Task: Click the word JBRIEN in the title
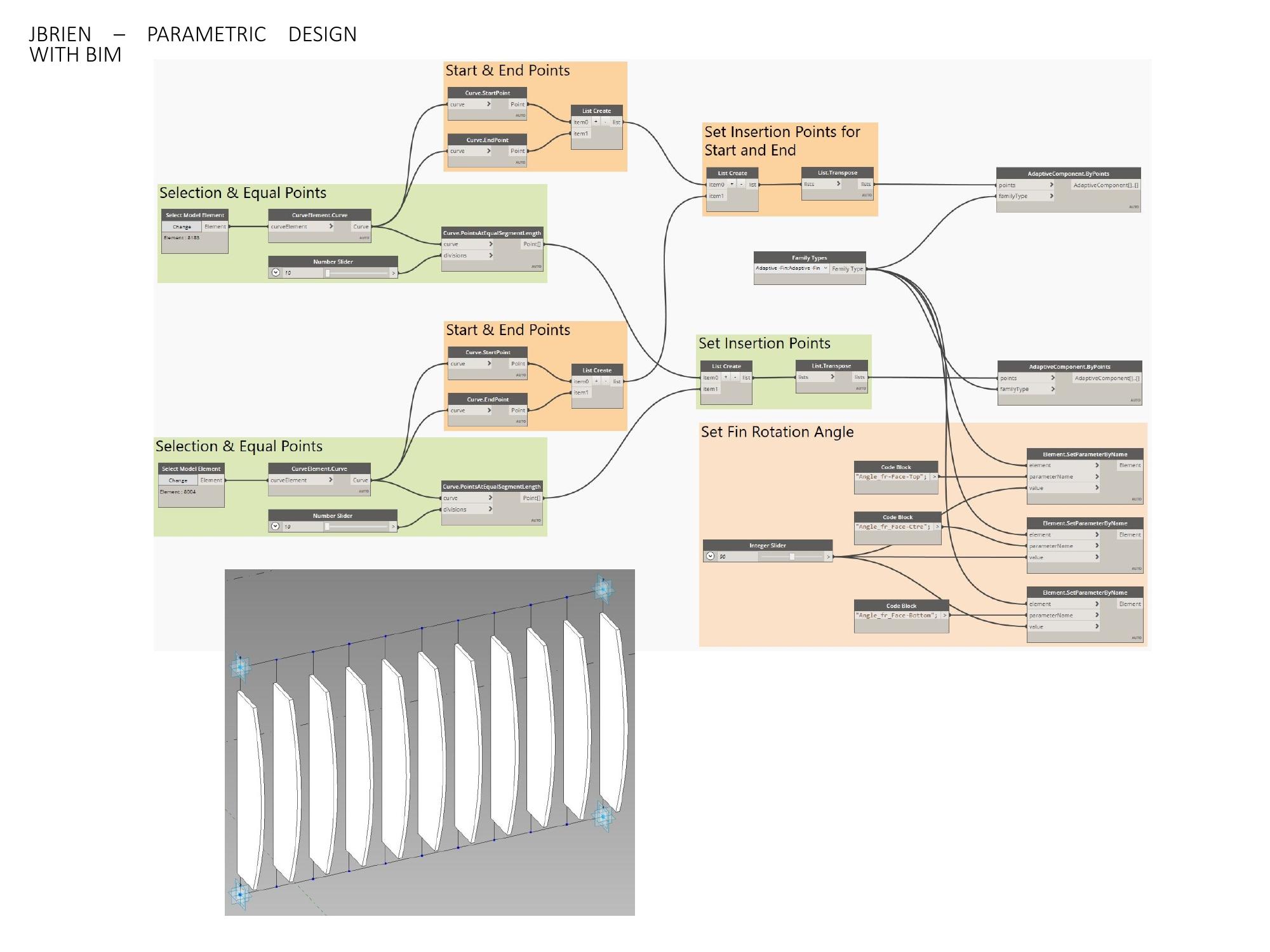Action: (60, 34)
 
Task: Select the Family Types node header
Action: (809, 258)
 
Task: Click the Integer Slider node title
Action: (767, 545)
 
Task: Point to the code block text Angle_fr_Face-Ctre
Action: (893, 527)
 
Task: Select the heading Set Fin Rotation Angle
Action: (777, 432)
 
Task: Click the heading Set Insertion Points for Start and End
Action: (782, 141)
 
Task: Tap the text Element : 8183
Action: (182, 238)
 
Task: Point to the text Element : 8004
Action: (178, 492)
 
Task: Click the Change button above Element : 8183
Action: (182, 227)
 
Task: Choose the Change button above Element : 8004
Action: (178, 480)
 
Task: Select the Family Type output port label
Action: (847, 269)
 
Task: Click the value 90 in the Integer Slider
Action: (723, 557)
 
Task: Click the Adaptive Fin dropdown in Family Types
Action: (791, 268)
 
